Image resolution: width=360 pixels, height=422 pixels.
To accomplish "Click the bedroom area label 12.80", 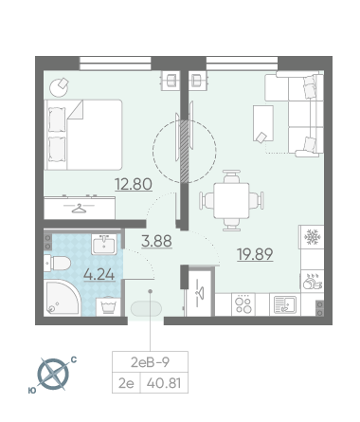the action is [134, 184].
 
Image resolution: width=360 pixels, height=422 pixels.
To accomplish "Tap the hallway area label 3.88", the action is [156, 241].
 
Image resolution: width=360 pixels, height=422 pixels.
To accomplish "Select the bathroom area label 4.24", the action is [99, 274].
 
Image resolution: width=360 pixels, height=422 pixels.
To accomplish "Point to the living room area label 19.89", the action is [255, 254].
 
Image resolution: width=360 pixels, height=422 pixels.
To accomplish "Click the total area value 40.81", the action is [164, 383].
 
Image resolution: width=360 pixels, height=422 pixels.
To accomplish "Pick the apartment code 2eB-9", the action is [150, 362].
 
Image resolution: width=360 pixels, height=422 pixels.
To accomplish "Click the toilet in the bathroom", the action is [57, 264].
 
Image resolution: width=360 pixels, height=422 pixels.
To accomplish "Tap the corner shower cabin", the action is [62, 297].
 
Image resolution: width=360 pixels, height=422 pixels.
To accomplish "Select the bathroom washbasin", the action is [104, 244].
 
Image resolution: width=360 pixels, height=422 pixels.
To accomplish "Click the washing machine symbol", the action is [108, 306].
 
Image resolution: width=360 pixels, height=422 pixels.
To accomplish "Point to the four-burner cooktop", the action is [243, 304].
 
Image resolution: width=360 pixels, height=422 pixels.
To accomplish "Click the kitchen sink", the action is [285, 304].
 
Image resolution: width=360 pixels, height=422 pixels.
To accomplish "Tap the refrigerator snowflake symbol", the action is [313, 237].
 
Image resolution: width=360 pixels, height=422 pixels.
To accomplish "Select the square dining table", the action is [231, 200].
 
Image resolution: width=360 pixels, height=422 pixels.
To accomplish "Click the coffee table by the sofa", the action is [263, 123].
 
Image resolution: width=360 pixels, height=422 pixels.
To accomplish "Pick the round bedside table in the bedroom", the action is [59, 87].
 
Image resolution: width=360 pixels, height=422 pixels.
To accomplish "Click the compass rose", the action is [53, 375].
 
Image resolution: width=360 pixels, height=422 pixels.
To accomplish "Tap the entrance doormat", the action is [146, 308].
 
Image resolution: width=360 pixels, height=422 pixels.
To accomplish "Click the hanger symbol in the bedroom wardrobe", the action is [79, 208].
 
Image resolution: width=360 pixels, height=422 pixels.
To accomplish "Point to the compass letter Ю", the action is [32, 391].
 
